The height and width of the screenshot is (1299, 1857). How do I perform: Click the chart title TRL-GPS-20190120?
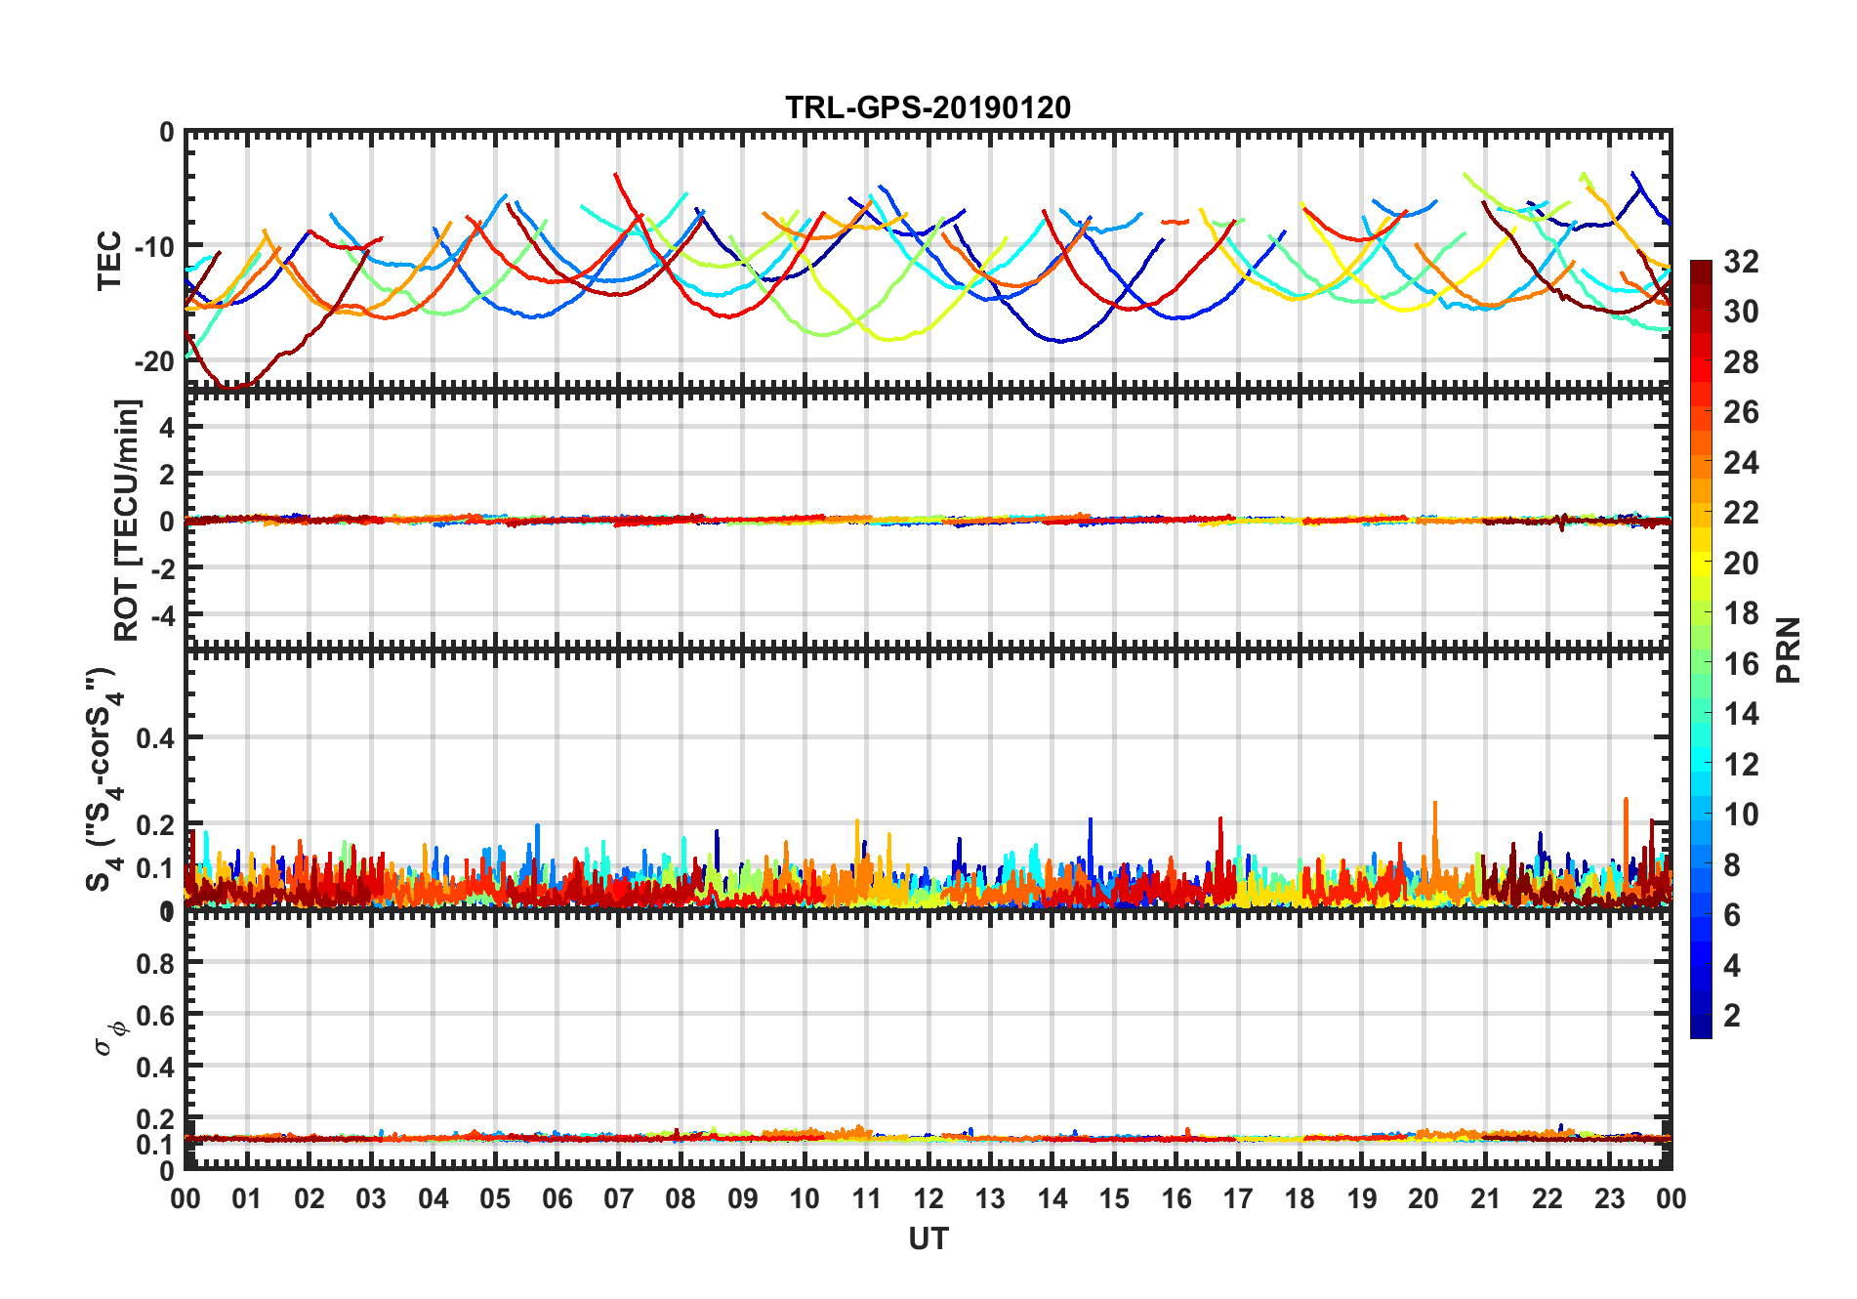pyautogui.click(x=928, y=107)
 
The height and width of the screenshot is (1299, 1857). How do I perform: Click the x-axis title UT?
pyautogui.click(x=928, y=1238)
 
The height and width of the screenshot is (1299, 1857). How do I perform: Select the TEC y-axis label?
pyautogui.click(x=109, y=260)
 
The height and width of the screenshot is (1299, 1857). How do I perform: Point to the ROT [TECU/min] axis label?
pyautogui.click(x=127, y=520)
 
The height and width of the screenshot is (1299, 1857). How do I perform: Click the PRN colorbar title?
pyautogui.click(x=1788, y=649)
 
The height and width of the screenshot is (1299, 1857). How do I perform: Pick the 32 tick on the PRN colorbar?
pyautogui.click(x=1741, y=262)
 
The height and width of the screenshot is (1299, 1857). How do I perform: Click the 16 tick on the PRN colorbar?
pyautogui.click(x=1741, y=664)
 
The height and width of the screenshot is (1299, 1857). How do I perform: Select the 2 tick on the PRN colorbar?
pyautogui.click(x=1732, y=1016)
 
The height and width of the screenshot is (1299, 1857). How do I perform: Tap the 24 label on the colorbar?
pyautogui.click(x=1741, y=463)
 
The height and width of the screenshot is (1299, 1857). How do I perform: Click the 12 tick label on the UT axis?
pyautogui.click(x=928, y=1198)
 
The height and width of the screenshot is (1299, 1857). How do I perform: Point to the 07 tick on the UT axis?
pyautogui.click(x=618, y=1198)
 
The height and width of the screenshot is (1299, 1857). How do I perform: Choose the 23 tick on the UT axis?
pyautogui.click(x=1609, y=1198)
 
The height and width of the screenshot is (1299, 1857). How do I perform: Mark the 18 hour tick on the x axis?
pyautogui.click(x=1300, y=1198)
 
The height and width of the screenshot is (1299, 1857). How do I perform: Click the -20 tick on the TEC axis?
pyautogui.click(x=153, y=361)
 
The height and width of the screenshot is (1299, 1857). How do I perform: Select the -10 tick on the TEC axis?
pyautogui.click(x=153, y=246)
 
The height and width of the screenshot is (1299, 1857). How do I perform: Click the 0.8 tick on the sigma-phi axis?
pyautogui.click(x=155, y=963)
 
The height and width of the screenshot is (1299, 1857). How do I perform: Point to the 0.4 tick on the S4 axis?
pyautogui.click(x=155, y=738)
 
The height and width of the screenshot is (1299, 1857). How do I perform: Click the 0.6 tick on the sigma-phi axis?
pyautogui.click(x=155, y=1016)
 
